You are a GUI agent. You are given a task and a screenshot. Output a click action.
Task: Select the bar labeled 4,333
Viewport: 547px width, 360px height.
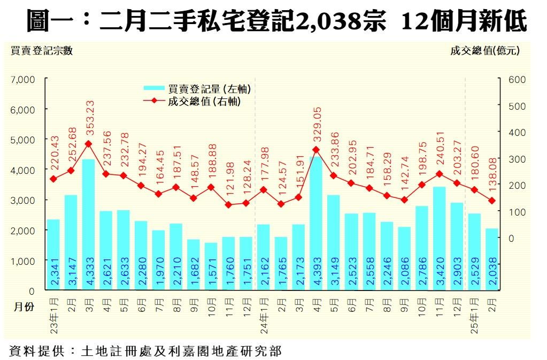pyautogui.click(x=88, y=225)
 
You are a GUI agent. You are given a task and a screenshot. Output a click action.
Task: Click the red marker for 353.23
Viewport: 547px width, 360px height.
pyautogui.click(x=88, y=144)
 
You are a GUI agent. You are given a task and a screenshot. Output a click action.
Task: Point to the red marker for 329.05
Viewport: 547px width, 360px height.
pyautogui.click(x=316, y=150)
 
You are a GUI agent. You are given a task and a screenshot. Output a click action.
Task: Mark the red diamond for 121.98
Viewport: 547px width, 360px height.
pyautogui.click(x=228, y=205)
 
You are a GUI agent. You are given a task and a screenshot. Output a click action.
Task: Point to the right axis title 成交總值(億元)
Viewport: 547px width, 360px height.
pyautogui.click(x=485, y=51)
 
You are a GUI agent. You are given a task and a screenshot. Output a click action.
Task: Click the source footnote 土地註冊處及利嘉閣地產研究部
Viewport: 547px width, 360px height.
pyautogui.click(x=181, y=351)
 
